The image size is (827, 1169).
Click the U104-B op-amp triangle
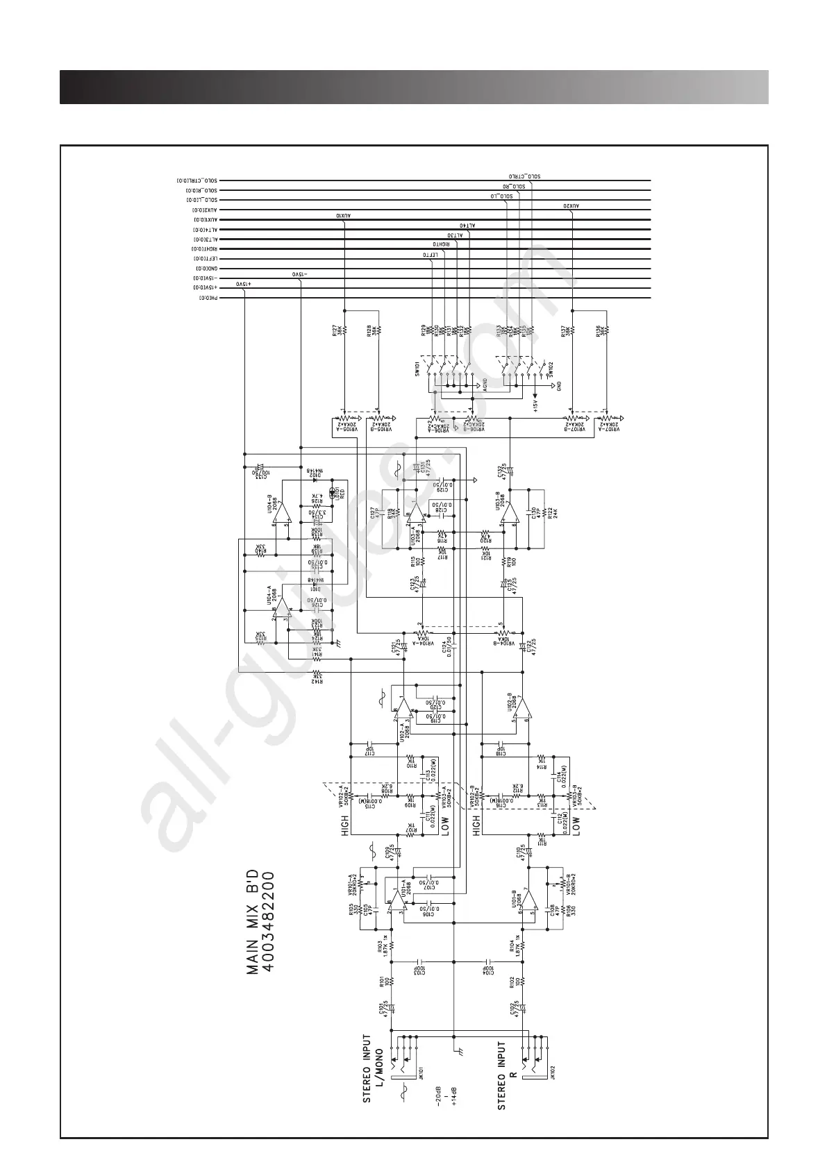click(x=285, y=512)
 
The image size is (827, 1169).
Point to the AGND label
click(x=485, y=384)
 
